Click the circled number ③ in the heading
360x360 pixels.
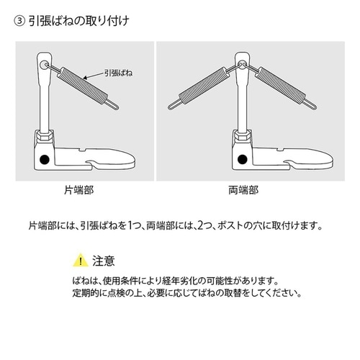coord(19,22)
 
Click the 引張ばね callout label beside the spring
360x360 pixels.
coord(118,73)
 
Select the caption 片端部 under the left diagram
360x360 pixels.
coord(79,190)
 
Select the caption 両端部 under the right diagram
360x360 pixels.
coord(243,190)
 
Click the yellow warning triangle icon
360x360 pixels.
coord(81,260)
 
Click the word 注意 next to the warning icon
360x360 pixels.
coord(104,261)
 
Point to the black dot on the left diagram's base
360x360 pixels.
coord(45,159)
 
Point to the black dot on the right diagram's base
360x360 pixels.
coord(243,159)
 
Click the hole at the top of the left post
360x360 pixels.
coord(44,65)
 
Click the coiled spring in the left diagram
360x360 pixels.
coord(83,86)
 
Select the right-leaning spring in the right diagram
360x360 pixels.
coord(280,86)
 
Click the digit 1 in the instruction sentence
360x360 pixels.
coord(130,225)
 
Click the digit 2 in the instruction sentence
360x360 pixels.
coord(200,225)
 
